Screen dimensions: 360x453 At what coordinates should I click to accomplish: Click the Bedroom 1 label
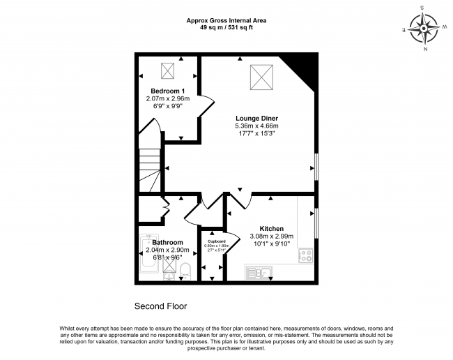[167, 91]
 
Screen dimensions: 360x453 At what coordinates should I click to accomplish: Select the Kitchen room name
[271, 228]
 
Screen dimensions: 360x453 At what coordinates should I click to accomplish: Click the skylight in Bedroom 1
[168, 70]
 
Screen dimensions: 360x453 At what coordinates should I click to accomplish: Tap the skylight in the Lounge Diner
[260, 73]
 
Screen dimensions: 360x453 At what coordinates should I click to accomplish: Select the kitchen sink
[256, 273]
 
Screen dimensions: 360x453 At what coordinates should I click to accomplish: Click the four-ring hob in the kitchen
[306, 257]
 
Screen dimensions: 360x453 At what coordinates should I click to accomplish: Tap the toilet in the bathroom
[185, 271]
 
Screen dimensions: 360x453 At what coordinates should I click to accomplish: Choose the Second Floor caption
[160, 306]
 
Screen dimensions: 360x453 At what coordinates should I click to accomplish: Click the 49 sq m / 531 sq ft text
[226, 29]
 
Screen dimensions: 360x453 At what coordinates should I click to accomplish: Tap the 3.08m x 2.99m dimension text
[272, 237]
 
